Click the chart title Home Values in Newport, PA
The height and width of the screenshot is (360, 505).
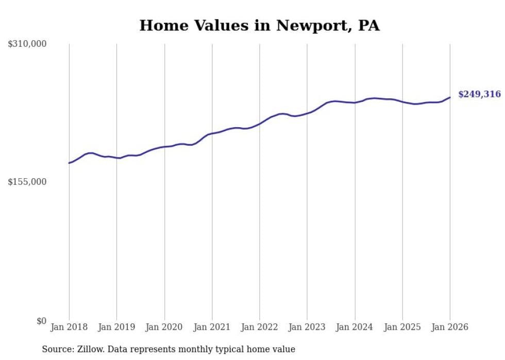tap(259, 26)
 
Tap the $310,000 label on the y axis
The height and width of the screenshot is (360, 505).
tap(27, 44)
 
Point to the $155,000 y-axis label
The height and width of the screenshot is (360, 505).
tap(27, 182)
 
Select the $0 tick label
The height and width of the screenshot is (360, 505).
tap(41, 321)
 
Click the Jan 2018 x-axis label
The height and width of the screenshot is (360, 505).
tap(69, 327)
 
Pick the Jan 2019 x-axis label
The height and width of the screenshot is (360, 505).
tap(116, 327)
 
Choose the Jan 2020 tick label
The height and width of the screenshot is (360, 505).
tap(164, 327)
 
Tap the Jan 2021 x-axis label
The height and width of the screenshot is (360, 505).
tap(212, 327)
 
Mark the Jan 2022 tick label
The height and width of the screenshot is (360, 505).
tap(260, 327)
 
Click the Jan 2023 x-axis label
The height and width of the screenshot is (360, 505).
tap(307, 327)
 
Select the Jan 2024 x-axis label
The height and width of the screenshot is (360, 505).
tap(355, 327)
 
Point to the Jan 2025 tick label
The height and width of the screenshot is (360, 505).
tap(402, 327)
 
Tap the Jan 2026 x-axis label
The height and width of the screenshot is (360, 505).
tap(450, 327)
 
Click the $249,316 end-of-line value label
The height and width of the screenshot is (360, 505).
tap(479, 94)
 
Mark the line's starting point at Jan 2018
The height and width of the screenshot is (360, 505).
tap(69, 163)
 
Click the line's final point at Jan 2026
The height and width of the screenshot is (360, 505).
tap(450, 97)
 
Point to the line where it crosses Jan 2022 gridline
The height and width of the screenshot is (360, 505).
tap(260, 124)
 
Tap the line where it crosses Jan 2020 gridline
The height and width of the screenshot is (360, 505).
tap(164, 147)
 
